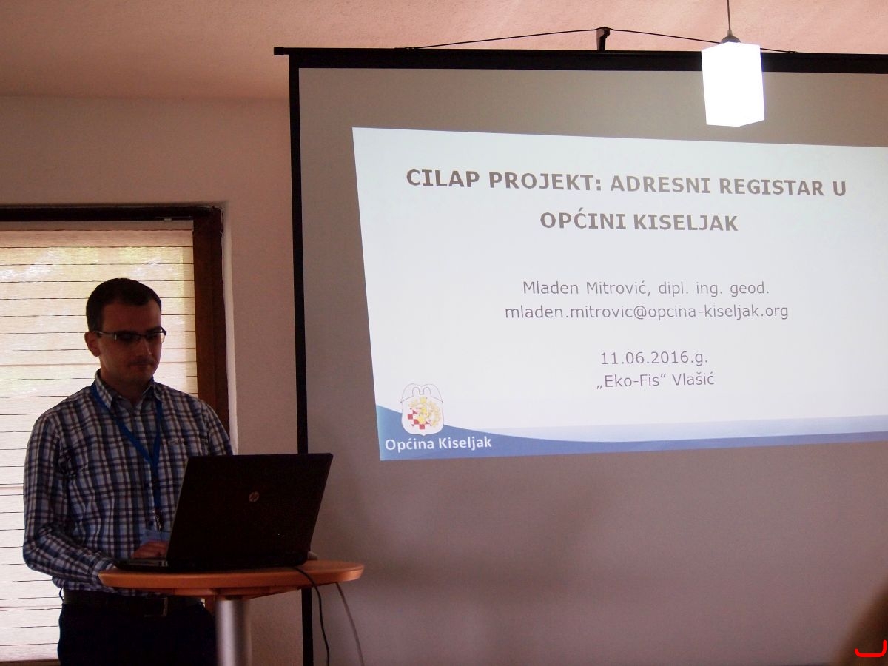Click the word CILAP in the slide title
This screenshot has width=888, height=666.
click(x=443, y=178)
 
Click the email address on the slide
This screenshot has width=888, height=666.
click(x=647, y=312)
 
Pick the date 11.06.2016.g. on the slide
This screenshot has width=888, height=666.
click(x=653, y=358)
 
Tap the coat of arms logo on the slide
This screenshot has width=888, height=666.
click(x=423, y=408)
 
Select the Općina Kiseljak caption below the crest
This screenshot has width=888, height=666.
click(x=438, y=443)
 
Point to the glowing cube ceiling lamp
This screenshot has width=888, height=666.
click(x=733, y=83)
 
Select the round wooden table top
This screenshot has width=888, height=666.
click(x=231, y=574)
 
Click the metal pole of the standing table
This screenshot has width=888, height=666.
click(x=234, y=629)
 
